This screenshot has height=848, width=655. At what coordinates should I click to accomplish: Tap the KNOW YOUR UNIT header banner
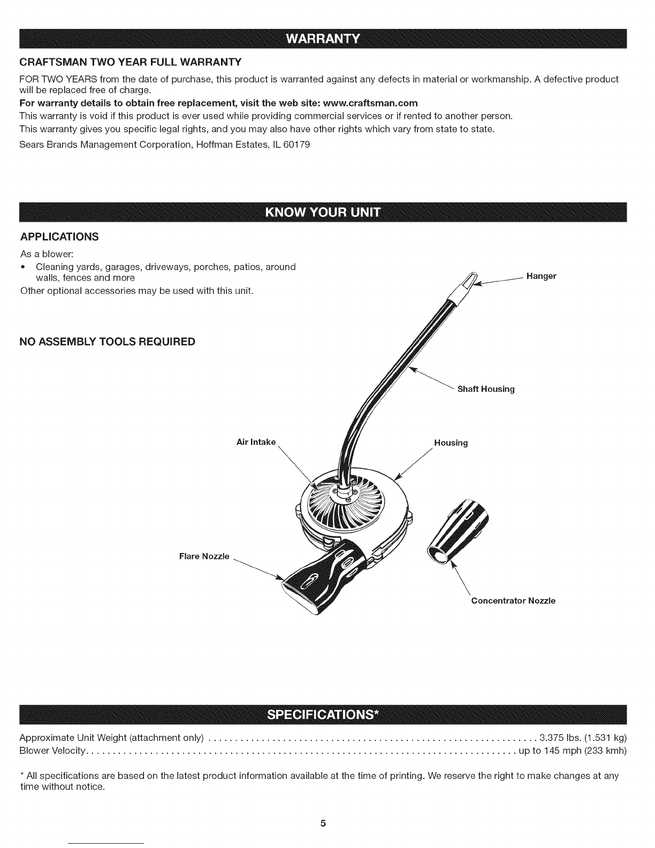323,213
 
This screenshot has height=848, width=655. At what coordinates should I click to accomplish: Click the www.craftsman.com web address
371,102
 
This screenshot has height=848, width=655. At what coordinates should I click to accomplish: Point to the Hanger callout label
541,276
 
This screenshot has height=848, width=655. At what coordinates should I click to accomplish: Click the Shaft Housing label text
485,389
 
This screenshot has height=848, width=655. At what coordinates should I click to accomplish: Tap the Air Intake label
256,442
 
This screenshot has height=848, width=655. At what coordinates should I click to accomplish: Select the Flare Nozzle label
204,556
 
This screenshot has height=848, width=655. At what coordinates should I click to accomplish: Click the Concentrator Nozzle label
513,601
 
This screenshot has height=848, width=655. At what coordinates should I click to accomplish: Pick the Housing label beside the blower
451,443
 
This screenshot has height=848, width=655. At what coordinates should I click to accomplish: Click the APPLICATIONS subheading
59,237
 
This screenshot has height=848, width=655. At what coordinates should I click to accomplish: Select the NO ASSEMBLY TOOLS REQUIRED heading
108,342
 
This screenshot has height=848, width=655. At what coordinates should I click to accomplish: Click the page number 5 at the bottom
323,823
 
